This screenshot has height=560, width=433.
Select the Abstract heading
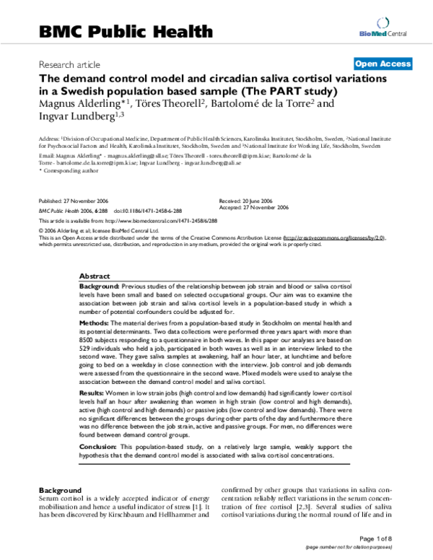point(95,276)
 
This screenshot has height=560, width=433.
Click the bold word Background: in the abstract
point(100,286)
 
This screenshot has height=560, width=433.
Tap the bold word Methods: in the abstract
point(97,322)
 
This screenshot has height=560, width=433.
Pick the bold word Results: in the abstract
point(95,390)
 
